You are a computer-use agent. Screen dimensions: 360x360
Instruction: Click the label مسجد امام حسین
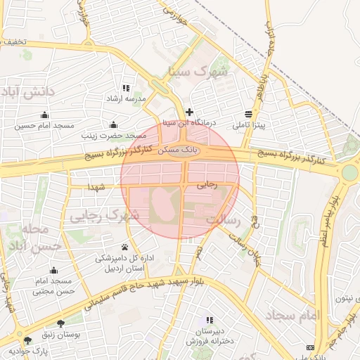pyautogui.click(x=46, y=125)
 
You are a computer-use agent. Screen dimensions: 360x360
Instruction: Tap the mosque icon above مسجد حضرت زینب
pyautogui.click(x=113, y=125)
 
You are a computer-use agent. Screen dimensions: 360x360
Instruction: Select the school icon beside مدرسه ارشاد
pyautogui.click(x=126, y=88)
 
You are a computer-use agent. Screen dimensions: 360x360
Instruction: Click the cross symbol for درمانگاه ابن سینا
pyautogui.click(x=189, y=112)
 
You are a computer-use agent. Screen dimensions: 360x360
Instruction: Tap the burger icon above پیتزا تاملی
pyautogui.click(x=250, y=114)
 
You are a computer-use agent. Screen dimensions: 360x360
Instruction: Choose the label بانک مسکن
pyautogui.click(x=181, y=150)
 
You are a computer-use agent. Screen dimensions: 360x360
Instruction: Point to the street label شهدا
pyautogui.click(x=97, y=187)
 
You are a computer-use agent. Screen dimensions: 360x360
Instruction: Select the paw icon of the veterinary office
pyautogui.click(x=125, y=247)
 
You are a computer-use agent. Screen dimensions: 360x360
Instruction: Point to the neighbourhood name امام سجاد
pyautogui.click(x=294, y=314)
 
